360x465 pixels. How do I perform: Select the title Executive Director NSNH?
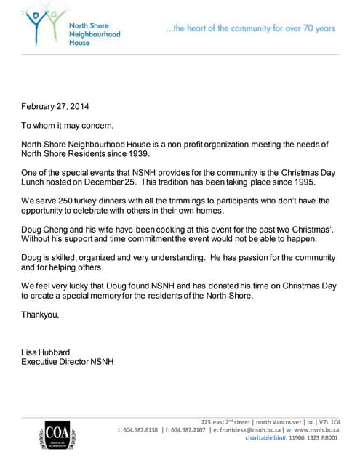coord(68,362)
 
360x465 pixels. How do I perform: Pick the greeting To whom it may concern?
coord(68,125)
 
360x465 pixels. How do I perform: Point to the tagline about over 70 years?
coord(250,28)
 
